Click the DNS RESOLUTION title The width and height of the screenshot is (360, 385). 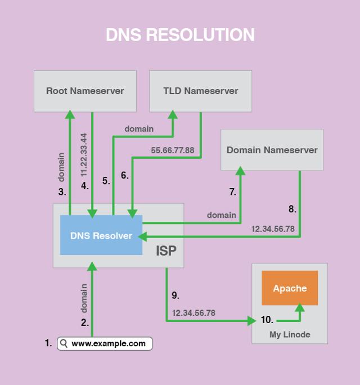coord(180,35)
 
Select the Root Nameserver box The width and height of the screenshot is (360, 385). coord(85,91)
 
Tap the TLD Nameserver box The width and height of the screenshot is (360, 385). coord(200,91)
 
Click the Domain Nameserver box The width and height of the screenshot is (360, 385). coord(272,150)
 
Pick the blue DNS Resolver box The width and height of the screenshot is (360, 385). coord(101,235)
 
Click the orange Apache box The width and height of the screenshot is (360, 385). coord(290,288)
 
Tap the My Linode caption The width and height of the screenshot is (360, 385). coord(289,335)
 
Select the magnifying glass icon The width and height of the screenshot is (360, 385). coord(64,343)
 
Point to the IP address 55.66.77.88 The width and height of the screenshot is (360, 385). coord(173,150)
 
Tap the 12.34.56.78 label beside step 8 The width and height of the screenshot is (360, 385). coord(273,229)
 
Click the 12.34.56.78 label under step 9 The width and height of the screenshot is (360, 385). coord(193,312)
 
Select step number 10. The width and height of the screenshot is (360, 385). coord(267,320)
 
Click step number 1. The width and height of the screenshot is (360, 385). coord(48,342)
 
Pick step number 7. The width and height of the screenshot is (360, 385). coord(232,192)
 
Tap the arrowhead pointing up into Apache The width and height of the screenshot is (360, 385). coord(300,308)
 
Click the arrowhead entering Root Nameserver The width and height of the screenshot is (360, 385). coord(70,115)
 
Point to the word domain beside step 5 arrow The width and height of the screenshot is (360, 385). coord(139,129)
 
